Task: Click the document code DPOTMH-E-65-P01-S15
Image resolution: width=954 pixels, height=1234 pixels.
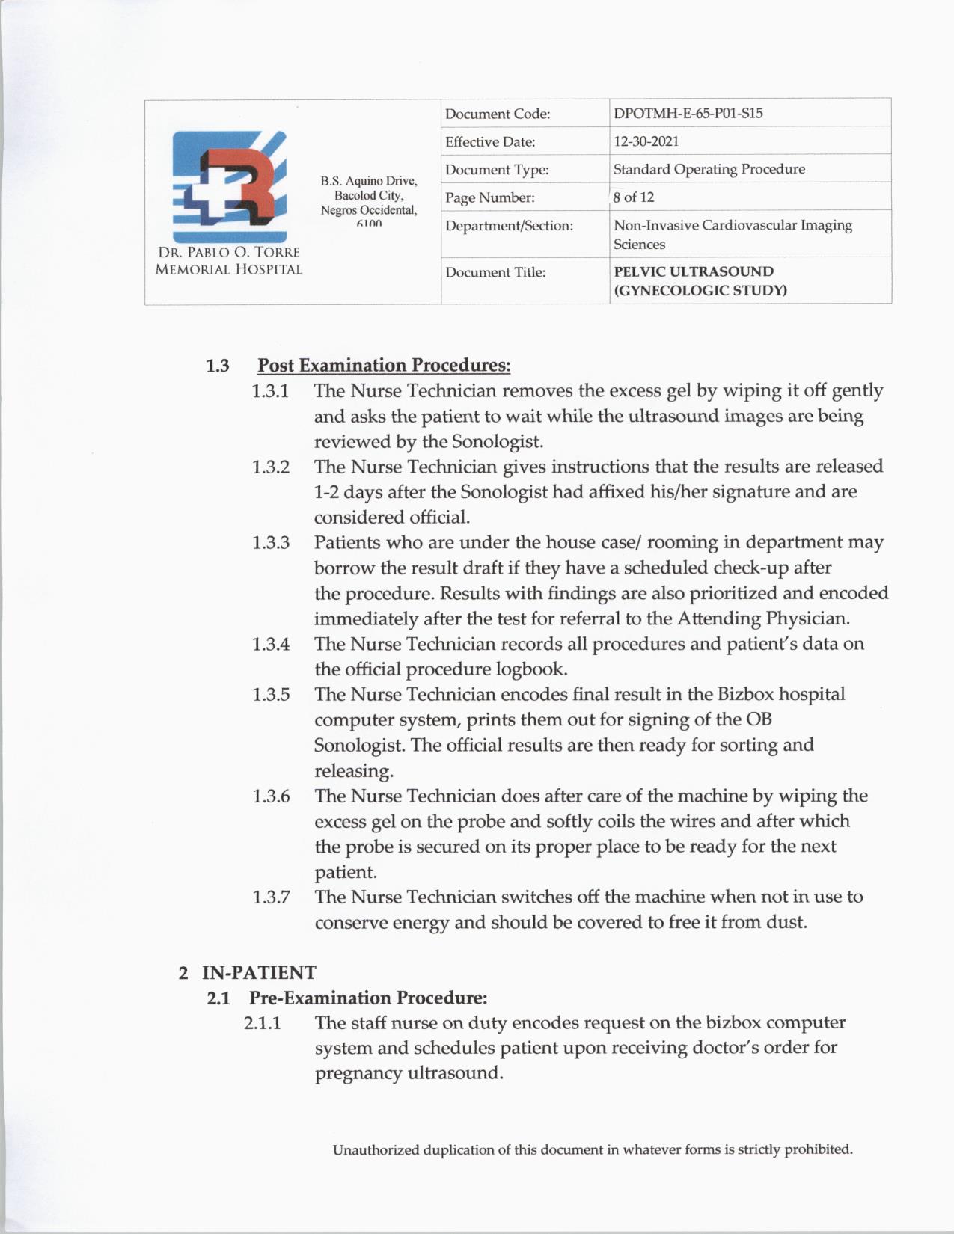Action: coord(688,114)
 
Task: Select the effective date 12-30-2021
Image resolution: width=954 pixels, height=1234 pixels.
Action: coord(646,141)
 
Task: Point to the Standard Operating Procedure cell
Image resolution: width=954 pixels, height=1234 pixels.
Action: coord(709,169)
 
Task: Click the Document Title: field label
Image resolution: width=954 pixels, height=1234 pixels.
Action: coord(495,272)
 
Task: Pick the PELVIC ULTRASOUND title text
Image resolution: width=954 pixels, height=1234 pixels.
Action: coord(694,272)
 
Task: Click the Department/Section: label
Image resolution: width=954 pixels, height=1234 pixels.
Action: coord(509,226)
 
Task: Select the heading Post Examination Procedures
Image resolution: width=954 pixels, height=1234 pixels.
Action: coord(384,366)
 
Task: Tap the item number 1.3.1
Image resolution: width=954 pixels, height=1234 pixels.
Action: coord(271,391)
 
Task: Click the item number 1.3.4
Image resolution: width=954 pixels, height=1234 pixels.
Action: coord(271,644)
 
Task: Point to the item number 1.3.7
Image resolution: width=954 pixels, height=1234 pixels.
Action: coord(271,897)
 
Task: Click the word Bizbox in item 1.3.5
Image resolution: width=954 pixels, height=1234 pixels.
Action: coord(745,694)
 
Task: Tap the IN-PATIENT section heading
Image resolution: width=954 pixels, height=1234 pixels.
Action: coord(259,973)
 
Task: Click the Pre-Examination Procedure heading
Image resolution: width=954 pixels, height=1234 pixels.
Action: coord(368,998)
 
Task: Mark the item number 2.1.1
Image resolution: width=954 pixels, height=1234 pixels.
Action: coord(262,1022)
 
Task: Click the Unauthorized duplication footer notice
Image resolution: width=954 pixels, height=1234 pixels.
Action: coord(593,1149)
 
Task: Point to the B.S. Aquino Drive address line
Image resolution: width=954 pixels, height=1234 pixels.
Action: coord(369,181)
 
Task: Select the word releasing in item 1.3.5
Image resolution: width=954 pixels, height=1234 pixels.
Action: coord(353,771)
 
